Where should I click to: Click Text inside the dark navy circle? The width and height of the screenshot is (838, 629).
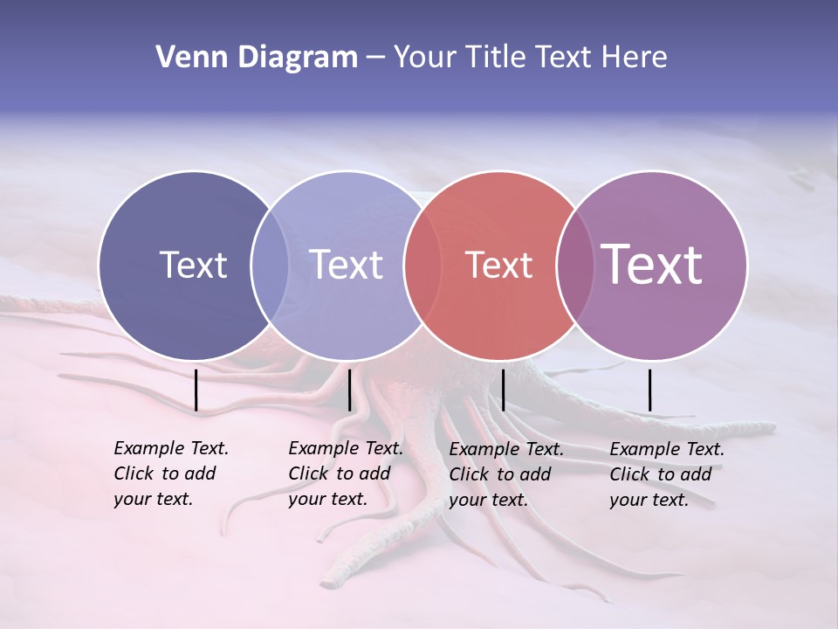pos(193,266)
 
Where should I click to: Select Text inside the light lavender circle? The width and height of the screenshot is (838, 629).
pos(347,266)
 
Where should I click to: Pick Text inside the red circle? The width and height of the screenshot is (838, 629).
pos(498,266)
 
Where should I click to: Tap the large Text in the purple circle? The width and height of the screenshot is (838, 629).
pos(652,265)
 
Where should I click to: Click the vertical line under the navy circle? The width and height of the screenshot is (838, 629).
pos(196,390)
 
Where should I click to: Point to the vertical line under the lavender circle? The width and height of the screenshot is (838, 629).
pos(349,390)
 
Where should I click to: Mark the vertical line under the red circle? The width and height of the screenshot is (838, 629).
pos(503,390)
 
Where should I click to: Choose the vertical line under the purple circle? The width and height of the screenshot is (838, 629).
pos(649,390)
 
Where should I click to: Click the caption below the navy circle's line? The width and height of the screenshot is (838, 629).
pos(170,473)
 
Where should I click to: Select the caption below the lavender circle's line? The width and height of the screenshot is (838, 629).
pos(345,473)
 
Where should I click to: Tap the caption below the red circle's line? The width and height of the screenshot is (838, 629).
pos(505,474)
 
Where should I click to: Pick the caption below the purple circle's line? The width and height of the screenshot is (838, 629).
pos(666,474)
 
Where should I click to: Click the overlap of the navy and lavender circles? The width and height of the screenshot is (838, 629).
pos(270,266)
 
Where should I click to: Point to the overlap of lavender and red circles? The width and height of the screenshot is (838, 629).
pos(421,266)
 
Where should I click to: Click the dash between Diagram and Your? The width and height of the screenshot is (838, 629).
pos(374,59)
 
